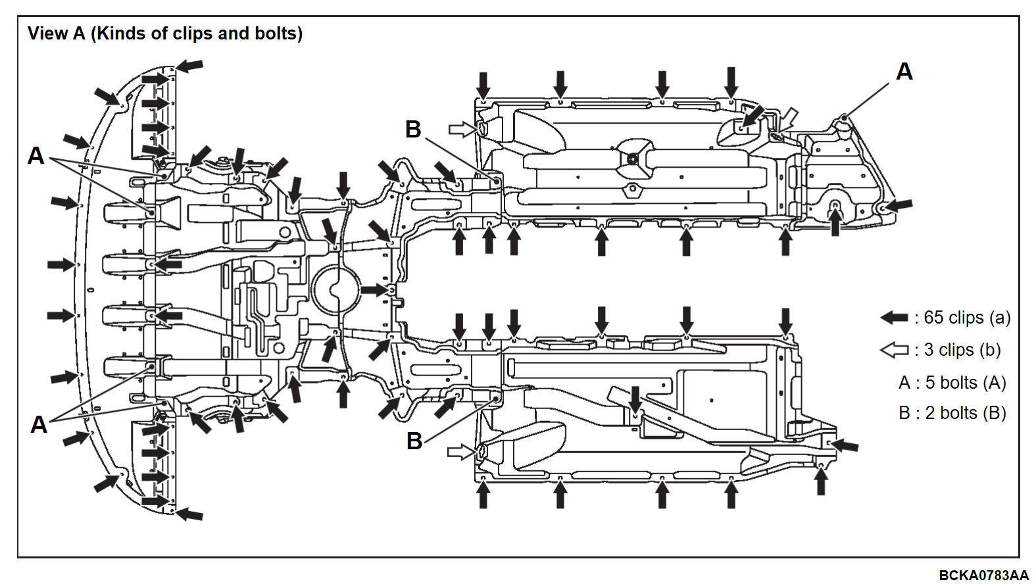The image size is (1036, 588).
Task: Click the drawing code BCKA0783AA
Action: [983, 575]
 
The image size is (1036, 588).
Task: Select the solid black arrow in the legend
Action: [894, 318]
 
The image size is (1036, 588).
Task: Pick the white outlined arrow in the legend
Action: [894, 350]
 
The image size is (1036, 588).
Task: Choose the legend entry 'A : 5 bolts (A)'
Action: [952, 383]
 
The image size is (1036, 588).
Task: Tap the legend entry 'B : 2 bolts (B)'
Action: [952, 412]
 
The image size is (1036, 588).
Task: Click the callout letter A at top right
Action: [904, 72]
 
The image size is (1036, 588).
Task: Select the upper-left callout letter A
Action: [36, 155]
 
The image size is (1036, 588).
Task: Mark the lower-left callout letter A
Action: [39, 425]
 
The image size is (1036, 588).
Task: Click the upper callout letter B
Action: [413, 129]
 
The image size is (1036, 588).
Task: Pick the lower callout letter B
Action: [414, 441]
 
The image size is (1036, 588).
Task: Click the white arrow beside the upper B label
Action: [462, 129]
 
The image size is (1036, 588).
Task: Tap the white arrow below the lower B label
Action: [462, 452]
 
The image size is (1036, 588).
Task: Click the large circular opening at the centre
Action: [335, 290]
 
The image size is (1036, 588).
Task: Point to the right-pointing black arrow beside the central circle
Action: [374, 290]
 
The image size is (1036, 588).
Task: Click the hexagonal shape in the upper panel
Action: [631, 189]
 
